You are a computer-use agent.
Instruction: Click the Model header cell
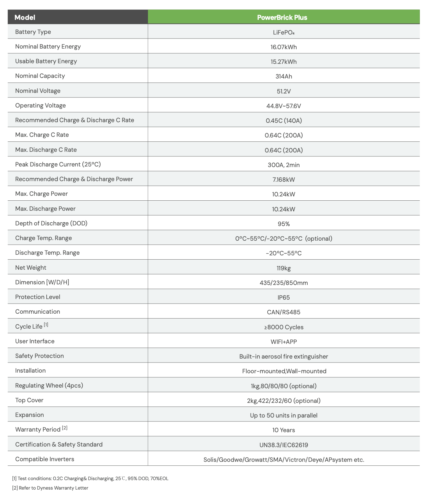25,17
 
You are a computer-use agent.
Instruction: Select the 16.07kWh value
284,47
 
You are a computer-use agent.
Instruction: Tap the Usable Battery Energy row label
46,61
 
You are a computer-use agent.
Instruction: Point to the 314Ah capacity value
284,76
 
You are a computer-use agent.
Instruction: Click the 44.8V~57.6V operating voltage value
284,106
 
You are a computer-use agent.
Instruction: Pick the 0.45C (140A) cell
284,121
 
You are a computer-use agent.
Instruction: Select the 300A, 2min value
284,165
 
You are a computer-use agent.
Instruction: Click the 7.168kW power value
284,180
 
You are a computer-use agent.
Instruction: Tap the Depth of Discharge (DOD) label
51,223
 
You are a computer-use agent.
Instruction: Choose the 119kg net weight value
284,268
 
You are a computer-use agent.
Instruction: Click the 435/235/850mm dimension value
284,283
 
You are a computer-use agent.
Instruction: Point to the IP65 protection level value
284,297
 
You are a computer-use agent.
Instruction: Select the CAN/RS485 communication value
284,312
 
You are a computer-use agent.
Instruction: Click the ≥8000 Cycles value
284,327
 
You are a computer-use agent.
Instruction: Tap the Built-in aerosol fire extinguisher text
284,356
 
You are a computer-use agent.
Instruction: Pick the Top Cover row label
29,400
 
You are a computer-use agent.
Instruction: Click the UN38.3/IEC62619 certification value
284,445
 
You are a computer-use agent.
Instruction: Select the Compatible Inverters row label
45,459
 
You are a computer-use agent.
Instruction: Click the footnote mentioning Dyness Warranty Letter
50,488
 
